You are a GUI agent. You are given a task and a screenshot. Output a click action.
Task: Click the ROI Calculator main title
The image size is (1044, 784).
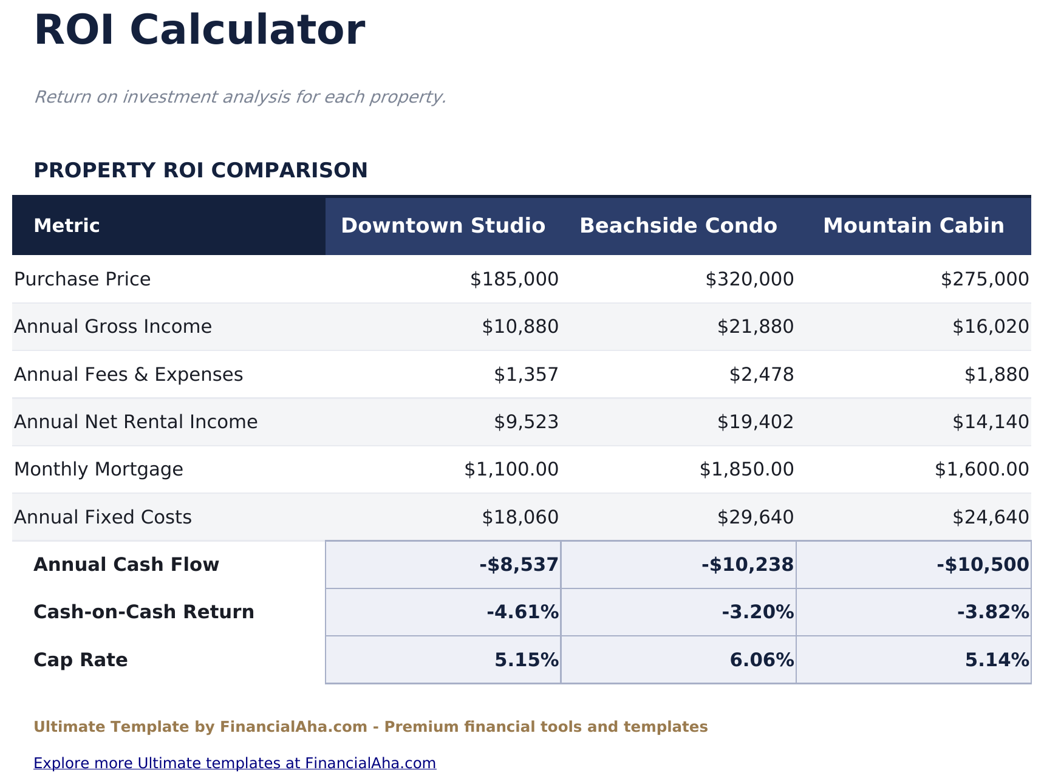click(x=200, y=30)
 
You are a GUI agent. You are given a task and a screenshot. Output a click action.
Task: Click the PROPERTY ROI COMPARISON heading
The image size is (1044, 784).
click(x=200, y=171)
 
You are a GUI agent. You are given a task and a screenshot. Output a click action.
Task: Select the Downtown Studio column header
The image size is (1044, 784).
click(x=443, y=226)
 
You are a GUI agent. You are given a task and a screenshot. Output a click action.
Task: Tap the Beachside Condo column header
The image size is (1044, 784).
click(x=678, y=226)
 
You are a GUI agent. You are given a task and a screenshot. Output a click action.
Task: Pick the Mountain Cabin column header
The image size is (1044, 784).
click(x=913, y=226)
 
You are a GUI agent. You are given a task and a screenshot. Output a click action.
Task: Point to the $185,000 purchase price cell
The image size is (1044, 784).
click(x=514, y=279)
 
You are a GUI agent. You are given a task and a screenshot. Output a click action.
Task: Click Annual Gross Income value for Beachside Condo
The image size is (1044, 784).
click(x=755, y=327)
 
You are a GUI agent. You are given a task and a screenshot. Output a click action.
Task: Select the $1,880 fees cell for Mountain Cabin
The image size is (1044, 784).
click(x=996, y=375)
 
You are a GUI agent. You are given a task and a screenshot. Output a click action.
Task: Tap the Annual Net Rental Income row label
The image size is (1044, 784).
click(x=135, y=422)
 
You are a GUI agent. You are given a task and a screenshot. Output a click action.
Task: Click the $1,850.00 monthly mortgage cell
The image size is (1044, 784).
click(x=746, y=469)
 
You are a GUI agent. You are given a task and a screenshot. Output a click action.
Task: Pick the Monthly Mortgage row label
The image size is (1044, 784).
click(x=98, y=469)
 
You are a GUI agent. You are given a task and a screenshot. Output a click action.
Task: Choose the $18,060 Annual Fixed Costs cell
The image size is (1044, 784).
click(x=520, y=517)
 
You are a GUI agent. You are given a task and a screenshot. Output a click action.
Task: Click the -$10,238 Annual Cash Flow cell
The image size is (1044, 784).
click(x=747, y=565)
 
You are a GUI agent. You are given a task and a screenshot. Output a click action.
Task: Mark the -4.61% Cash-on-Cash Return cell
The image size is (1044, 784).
click(x=522, y=612)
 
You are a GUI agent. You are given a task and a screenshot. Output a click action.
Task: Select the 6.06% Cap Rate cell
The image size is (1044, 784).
click(x=762, y=660)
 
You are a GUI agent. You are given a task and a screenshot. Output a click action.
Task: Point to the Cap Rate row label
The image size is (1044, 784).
click(x=81, y=660)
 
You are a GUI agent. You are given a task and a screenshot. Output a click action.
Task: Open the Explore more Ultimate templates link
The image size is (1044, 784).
click(x=234, y=763)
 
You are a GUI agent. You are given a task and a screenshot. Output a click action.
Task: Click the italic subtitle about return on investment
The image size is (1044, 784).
click(x=240, y=97)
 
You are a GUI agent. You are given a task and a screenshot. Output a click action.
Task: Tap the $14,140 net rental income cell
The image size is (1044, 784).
click(x=990, y=422)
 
